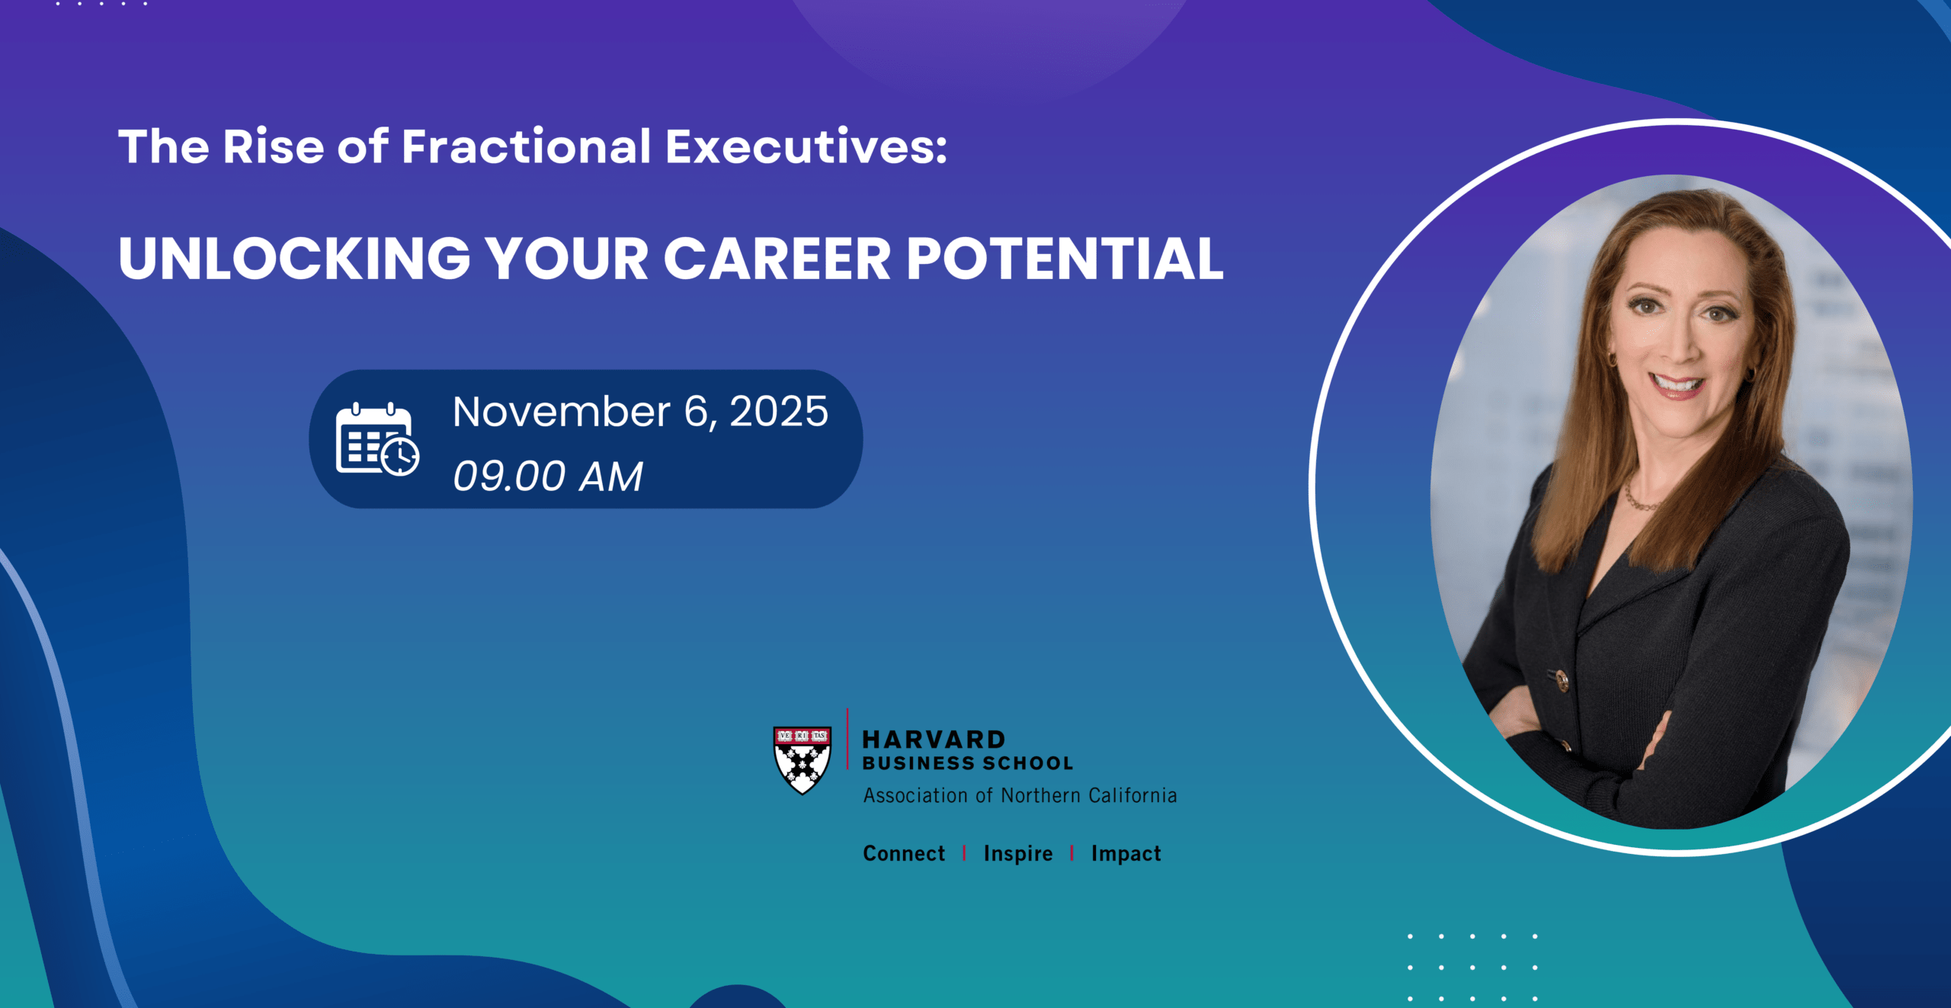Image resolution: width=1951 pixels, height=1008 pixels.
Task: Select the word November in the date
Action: coord(562,412)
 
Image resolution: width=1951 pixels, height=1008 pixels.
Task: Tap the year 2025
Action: coord(778,412)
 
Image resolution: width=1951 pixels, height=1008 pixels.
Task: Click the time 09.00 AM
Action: coord(548,477)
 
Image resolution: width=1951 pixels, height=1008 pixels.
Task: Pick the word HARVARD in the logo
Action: coord(934,739)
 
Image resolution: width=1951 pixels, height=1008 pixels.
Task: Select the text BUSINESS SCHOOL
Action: coord(968,763)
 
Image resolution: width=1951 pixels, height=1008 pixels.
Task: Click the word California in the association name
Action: coord(1132,795)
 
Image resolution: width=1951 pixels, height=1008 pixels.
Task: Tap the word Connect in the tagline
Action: coord(904,853)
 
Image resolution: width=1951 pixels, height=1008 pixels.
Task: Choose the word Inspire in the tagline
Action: coord(1018,854)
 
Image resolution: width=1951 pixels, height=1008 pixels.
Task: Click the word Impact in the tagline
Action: coord(1126,854)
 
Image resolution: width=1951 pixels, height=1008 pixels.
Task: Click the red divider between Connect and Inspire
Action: coord(964,853)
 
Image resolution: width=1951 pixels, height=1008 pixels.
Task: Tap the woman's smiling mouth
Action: coord(1676,383)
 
